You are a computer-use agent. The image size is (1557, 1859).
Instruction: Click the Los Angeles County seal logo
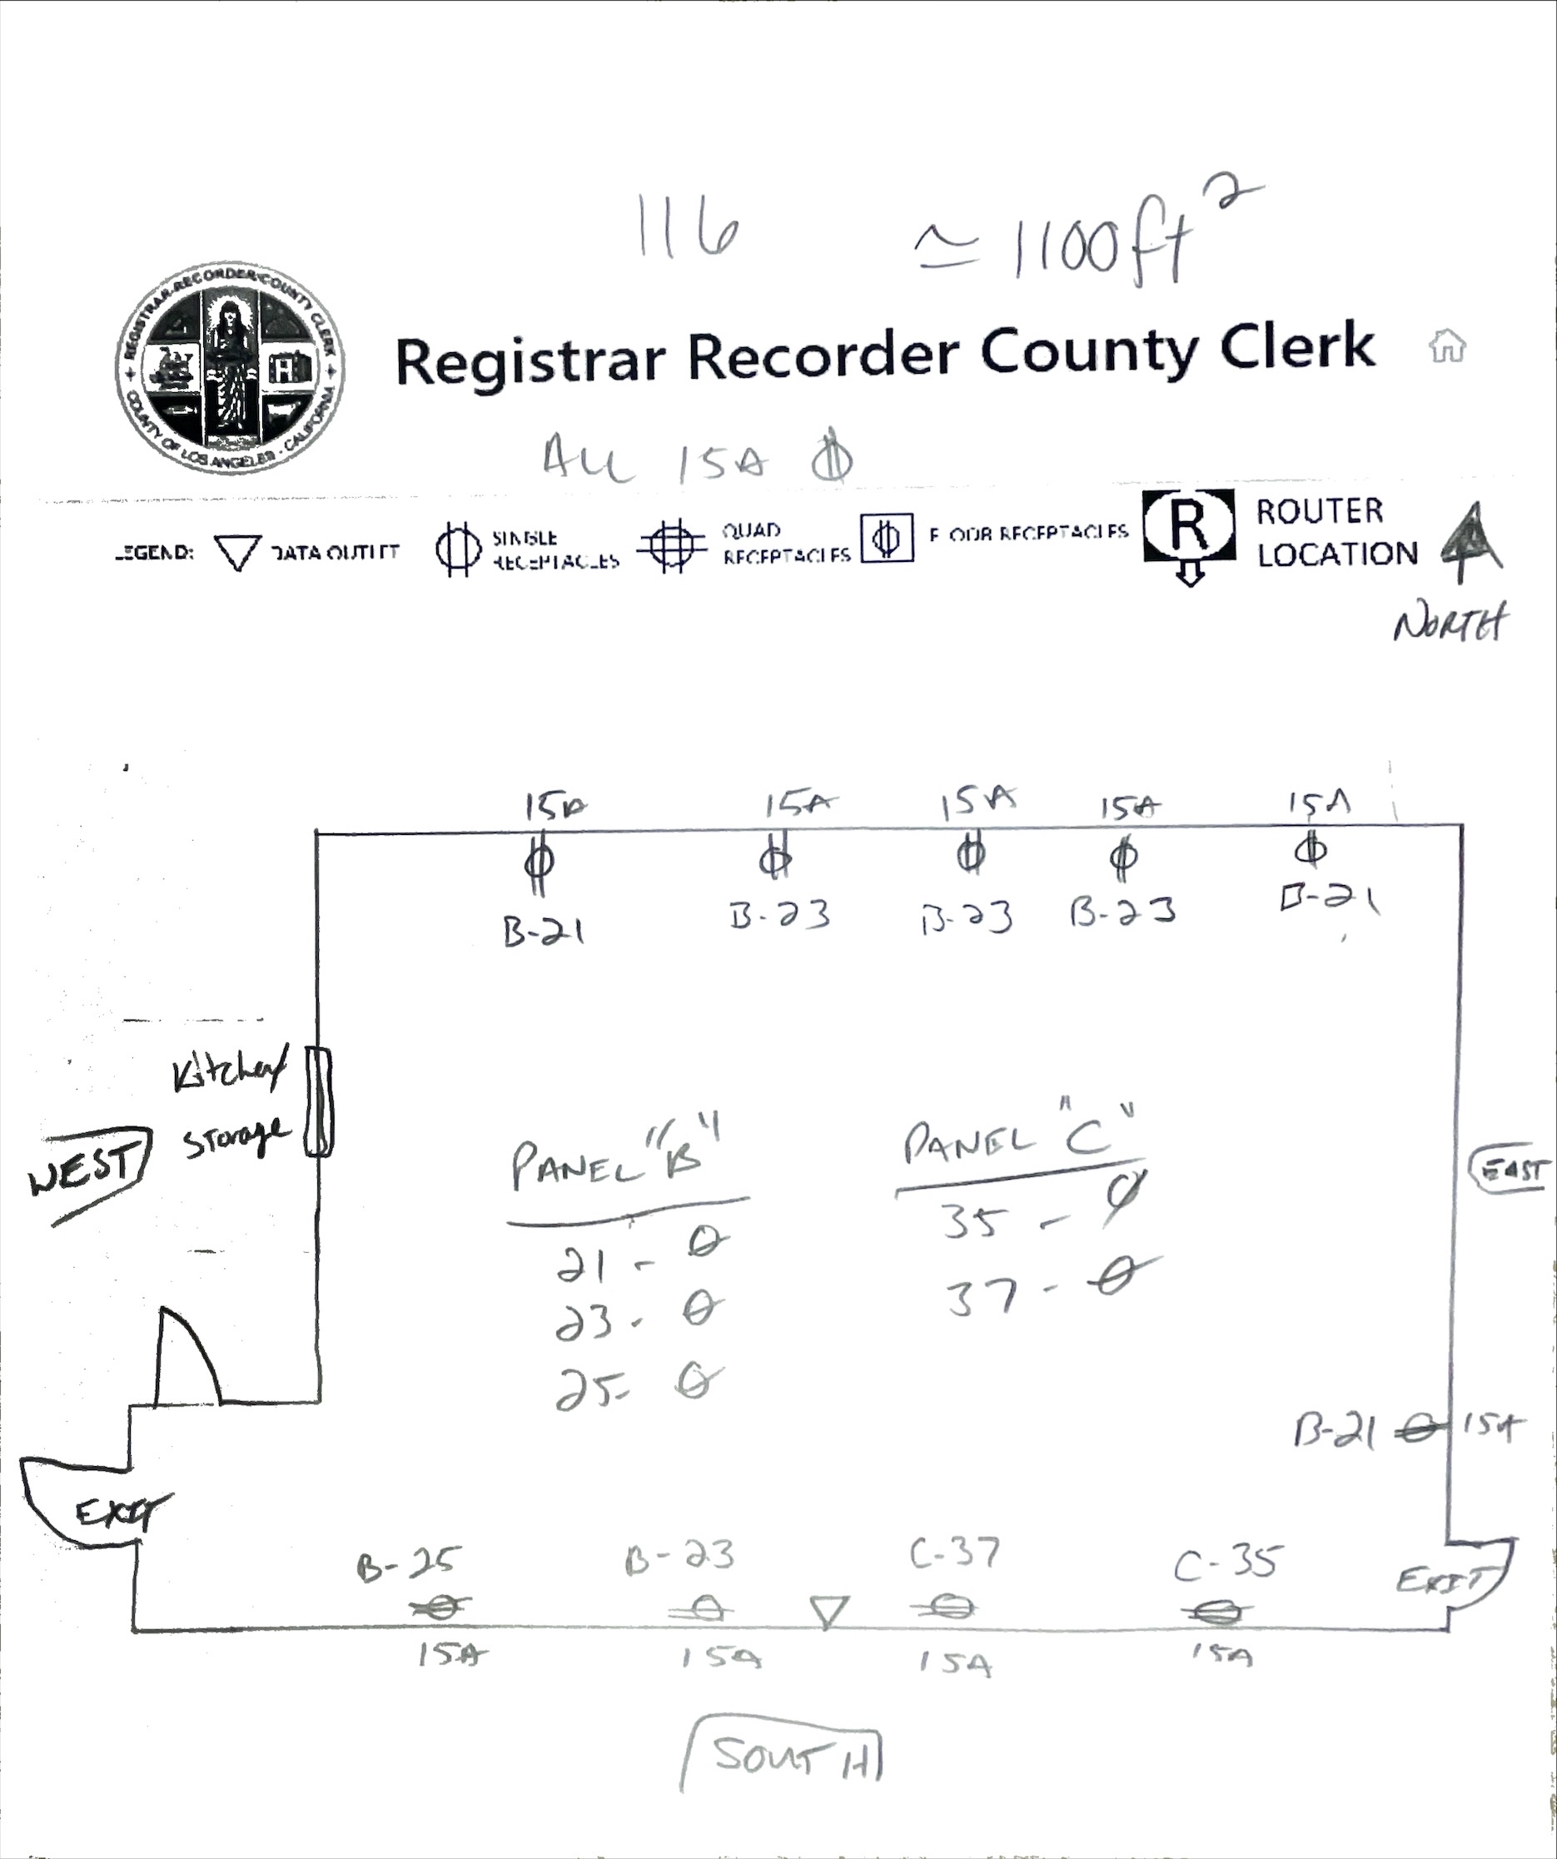(230, 366)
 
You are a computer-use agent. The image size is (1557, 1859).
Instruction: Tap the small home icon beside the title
(1447, 346)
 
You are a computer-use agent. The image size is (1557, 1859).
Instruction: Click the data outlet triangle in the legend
(237, 553)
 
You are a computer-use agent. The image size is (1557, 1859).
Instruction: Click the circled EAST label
(1510, 1171)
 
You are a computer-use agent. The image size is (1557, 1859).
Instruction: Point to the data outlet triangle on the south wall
(829, 1611)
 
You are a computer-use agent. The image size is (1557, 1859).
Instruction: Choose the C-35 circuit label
(1226, 1563)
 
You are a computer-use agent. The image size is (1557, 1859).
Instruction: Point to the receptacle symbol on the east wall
(1419, 1429)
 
